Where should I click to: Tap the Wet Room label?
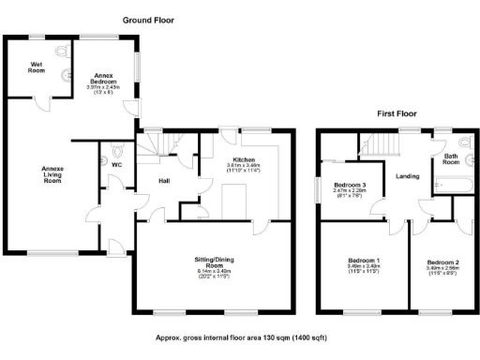point(37,67)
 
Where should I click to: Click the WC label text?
point(116,165)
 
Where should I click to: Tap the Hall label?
point(163,180)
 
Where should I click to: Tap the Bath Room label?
point(451,159)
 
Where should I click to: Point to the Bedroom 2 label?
point(440,262)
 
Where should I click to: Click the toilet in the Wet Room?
point(61,52)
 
